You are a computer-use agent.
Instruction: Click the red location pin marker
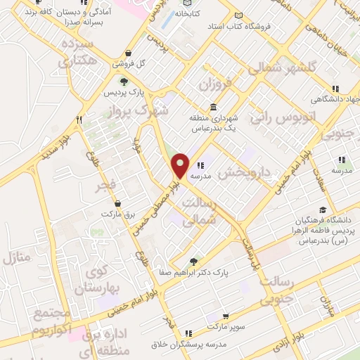[x=181, y=165]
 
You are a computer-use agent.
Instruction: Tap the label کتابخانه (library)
[x=188, y=13]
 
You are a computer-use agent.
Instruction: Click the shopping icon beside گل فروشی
[x=127, y=53]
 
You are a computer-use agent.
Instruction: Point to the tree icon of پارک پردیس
[x=124, y=82]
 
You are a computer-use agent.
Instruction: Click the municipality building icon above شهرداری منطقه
[x=212, y=106]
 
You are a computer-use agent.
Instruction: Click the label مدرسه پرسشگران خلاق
[x=188, y=344]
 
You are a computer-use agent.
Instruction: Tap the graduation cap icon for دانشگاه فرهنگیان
[x=323, y=210]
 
